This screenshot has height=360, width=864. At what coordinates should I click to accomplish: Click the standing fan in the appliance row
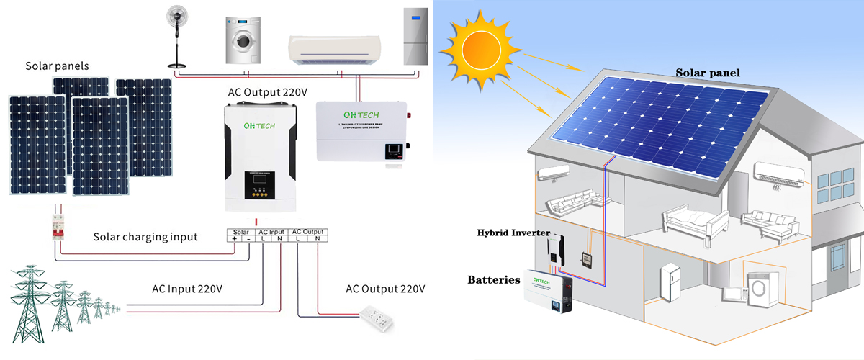178,32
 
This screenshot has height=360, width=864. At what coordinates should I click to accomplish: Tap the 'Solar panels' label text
57,66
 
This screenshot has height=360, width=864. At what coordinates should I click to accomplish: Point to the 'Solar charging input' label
145,237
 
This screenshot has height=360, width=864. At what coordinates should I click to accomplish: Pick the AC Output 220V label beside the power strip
385,289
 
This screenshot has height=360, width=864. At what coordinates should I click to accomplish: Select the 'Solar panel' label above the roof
707,73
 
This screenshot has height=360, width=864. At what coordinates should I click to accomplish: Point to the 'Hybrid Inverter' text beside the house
513,233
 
